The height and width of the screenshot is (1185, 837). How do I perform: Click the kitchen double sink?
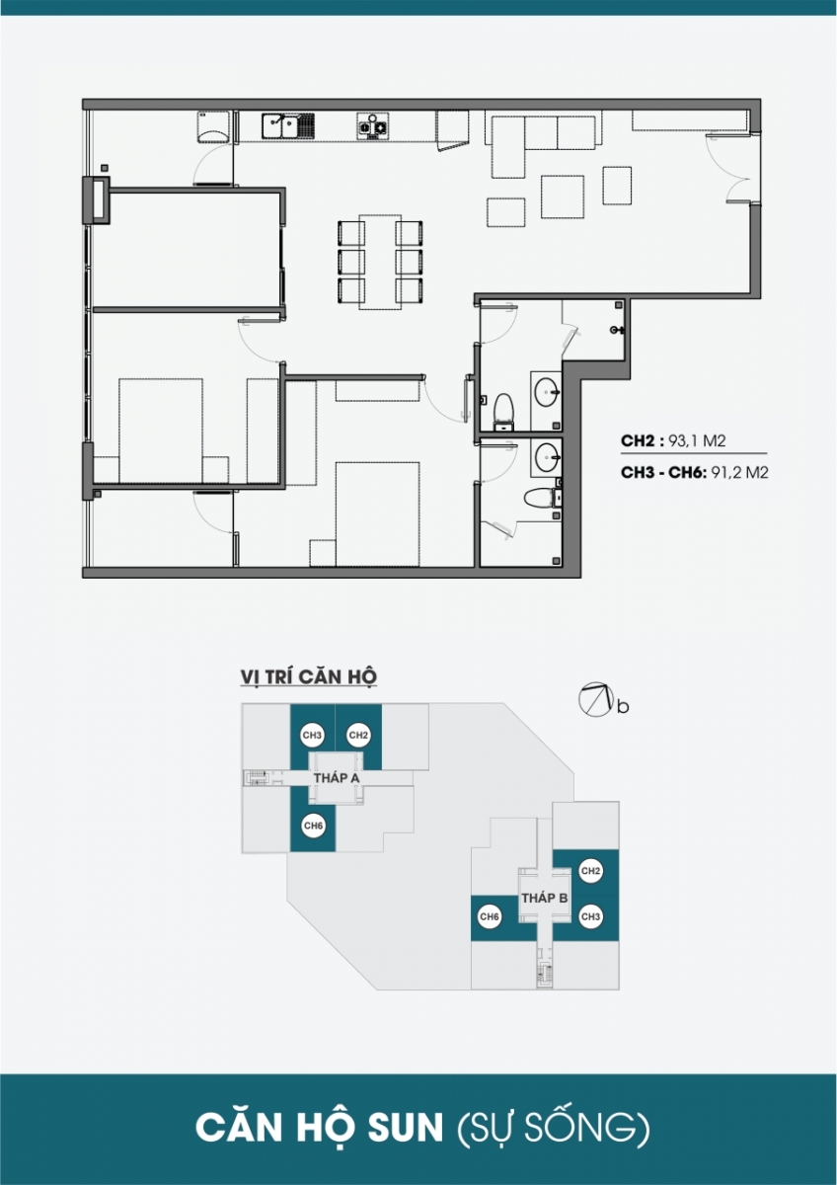point(287,126)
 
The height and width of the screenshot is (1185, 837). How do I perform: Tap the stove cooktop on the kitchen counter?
point(373,126)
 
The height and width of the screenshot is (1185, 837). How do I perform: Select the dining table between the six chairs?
point(380,262)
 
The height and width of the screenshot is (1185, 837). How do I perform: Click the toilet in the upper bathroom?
point(503,411)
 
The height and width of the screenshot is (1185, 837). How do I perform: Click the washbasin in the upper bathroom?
point(546,392)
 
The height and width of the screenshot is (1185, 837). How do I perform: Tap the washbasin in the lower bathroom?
point(547,456)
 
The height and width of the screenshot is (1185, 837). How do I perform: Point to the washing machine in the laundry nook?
point(213,127)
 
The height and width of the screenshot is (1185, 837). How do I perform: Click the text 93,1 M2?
point(698,441)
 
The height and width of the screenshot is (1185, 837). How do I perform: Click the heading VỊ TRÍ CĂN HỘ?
point(308,676)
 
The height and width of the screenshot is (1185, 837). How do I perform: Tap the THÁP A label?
point(337,778)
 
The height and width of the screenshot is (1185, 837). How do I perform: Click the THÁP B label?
point(545,898)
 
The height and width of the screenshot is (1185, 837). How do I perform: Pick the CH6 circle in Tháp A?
point(313,826)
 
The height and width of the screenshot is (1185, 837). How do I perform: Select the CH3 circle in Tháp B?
point(590,916)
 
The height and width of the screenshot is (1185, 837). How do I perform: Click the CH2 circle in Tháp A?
point(358,736)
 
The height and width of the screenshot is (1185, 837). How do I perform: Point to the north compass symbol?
point(595,700)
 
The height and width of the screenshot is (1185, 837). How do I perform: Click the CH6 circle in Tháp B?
point(490,916)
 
